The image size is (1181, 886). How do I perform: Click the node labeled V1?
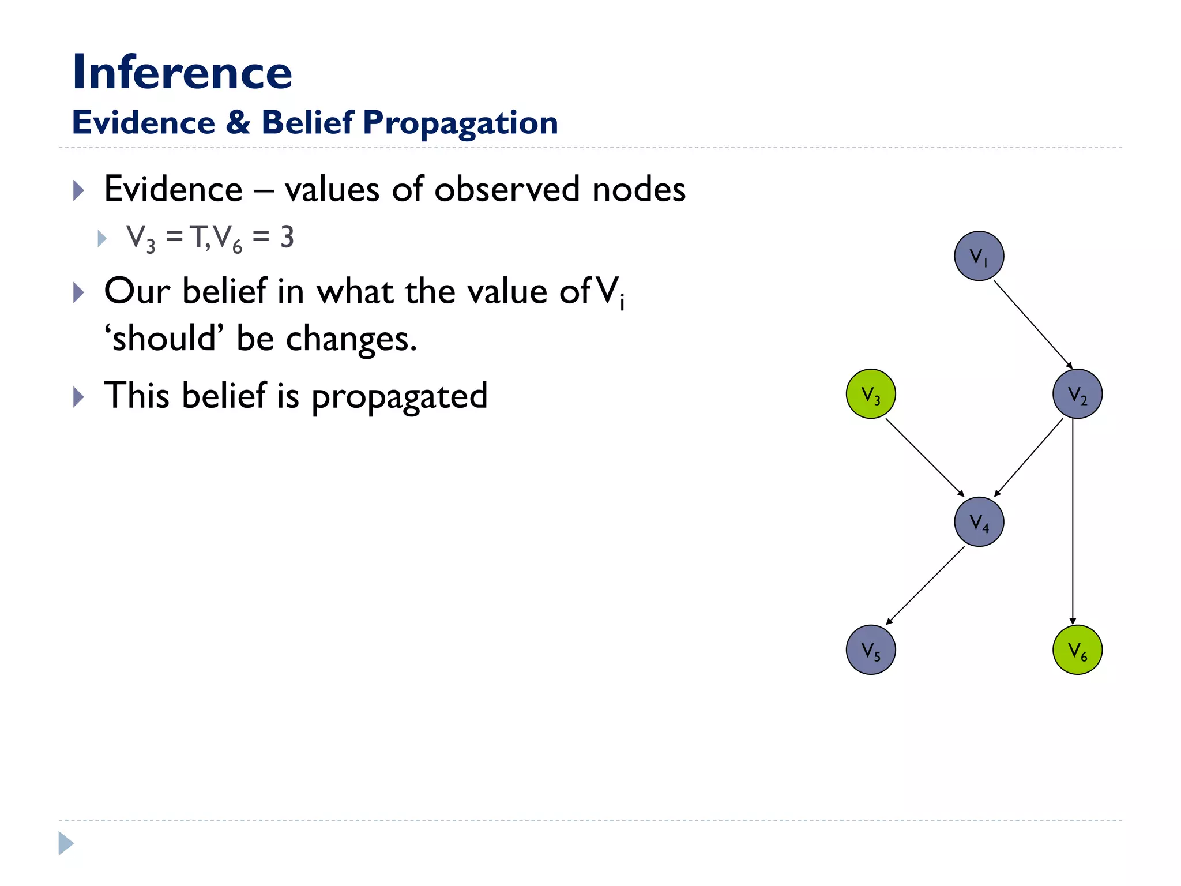[979, 256]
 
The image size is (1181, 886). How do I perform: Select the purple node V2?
[1077, 394]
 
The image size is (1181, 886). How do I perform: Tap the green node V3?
[871, 394]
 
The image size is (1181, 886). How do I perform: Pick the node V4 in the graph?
[979, 522]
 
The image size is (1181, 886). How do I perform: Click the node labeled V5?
[871, 650]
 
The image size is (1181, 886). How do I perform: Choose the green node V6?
[1077, 650]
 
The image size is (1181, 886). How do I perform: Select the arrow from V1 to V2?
[1032, 324]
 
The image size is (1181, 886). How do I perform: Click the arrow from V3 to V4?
[924, 457]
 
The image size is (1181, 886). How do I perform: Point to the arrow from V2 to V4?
[1029, 457]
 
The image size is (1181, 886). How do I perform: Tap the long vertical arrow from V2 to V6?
[1073, 519]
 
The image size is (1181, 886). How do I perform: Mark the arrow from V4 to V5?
[925, 585]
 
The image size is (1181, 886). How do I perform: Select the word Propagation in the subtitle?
[460, 123]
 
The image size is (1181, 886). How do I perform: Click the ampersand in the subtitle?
[238, 122]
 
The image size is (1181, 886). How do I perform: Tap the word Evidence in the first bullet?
[173, 189]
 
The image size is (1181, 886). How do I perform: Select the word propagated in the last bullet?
[399, 397]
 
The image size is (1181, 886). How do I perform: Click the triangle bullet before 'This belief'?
[78, 397]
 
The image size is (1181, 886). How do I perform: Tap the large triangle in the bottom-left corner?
[65, 843]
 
